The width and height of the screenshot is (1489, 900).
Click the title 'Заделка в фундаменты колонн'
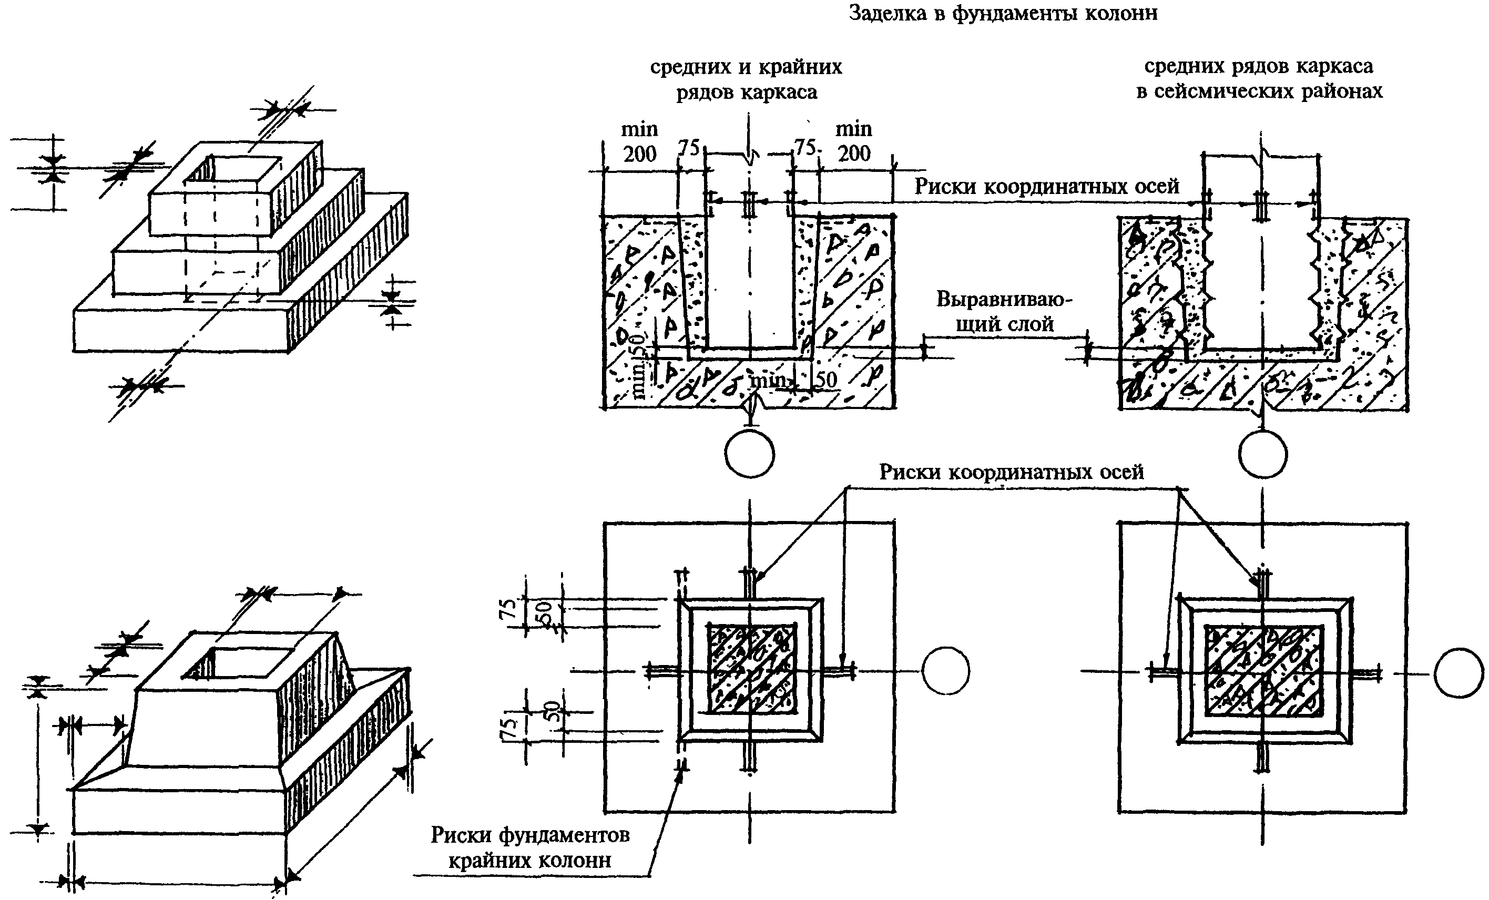[x=1003, y=13]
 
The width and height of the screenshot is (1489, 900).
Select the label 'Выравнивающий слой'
[x=1004, y=312]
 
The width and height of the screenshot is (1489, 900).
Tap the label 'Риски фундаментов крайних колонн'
[x=530, y=847]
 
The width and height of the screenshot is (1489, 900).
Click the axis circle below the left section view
[x=749, y=454]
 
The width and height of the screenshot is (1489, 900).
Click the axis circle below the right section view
[x=1262, y=454]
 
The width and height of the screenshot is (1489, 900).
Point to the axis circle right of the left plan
[x=946, y=672]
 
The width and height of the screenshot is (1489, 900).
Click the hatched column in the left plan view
[x=751, y=668]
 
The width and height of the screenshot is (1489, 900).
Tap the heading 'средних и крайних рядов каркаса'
[x=746, y=79]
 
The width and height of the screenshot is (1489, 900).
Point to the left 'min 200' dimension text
[x=639, y=141]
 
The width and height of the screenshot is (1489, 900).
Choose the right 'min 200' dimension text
[x=853, y=141]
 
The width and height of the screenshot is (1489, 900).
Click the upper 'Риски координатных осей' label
[x=1047, y=186]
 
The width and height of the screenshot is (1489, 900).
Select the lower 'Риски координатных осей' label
[x=1012, y=472]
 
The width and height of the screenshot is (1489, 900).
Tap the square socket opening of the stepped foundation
[x=232, y=169]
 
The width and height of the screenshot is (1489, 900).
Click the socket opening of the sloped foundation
[x=232, y=662]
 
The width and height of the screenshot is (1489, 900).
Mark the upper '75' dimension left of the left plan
[x=511, y=609]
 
